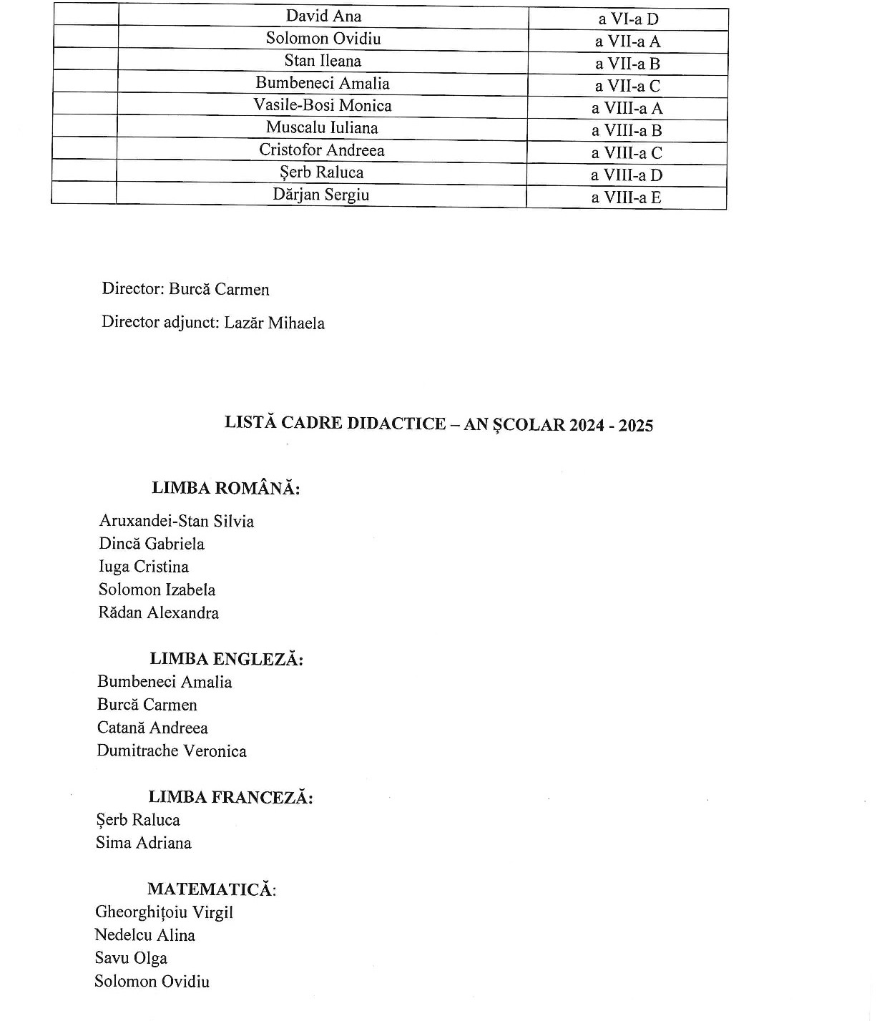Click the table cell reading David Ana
click(x=323, y=16)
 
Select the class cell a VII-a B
click(x=627, y=64)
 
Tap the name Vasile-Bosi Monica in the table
click(x=323, y=106)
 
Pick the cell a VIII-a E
click(x=626, y=197)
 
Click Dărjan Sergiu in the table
click(x=321, y=195)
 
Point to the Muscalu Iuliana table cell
click(x=322, y=128)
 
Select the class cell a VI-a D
click(x=628, y=19)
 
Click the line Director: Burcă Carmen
click(x=185, y=289)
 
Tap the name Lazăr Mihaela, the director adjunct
click(x=274, y=323)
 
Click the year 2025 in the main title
click(x=635, y=426)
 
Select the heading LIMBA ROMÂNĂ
click(x=225, y=489)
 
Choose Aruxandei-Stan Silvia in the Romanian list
click(x=177, y=521)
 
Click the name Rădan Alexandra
click(x=159, y=612)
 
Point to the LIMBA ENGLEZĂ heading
click(x=226, y=659)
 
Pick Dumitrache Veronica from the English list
click(x=172, y=751)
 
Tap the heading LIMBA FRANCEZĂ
click(x=230, y=797)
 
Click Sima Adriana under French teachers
click(x=144, y=843)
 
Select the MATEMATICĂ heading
click(x=212, y=889)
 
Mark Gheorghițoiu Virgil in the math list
click(x=164, y=912)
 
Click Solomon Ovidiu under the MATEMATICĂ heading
click(x=152, y=981)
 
